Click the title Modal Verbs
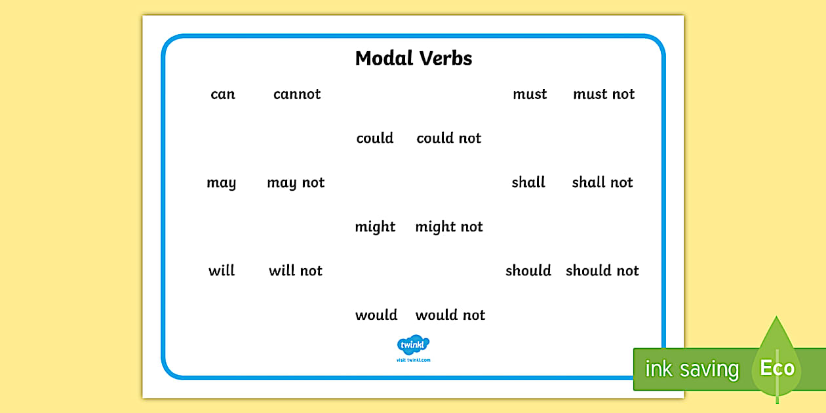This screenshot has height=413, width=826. (414, 58)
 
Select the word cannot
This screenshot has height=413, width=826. (297, 94)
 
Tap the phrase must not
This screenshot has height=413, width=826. (604, 94)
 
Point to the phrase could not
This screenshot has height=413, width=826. (449, 138)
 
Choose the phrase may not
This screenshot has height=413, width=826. (296, 183)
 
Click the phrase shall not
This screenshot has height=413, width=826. (602, 182)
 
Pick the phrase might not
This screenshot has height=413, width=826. (449, 227)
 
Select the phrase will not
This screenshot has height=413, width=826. (296, 271)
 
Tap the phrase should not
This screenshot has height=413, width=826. (602, 271)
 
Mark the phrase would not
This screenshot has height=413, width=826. (450, 315)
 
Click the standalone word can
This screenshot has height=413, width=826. (223, 94)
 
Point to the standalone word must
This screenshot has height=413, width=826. (530, 94)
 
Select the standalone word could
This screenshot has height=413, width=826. (375, 138)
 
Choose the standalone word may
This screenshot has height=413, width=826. (222, 184)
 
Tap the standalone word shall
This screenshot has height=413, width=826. (528, 182)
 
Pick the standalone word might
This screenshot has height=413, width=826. (376, 227)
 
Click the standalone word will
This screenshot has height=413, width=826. (222, 271)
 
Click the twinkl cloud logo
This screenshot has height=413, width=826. (413, 345)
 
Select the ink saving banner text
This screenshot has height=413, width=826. (692, 369)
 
